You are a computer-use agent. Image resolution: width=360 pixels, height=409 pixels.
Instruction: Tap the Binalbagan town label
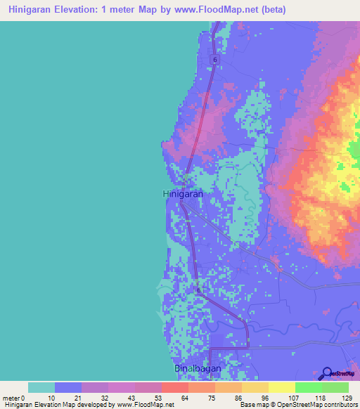coord(198,369)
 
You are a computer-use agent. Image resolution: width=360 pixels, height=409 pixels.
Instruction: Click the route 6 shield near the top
coord(215,60)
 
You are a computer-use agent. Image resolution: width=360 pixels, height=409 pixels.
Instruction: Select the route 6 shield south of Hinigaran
coord(199,290)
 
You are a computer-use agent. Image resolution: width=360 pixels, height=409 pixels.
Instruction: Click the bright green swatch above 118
coord(308,387)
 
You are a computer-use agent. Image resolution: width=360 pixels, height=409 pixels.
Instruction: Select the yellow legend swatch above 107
coord(281,387)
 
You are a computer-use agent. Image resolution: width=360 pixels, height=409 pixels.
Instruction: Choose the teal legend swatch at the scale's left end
coord(41,387)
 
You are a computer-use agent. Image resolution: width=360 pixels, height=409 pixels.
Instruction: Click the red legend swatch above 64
coord(174,387)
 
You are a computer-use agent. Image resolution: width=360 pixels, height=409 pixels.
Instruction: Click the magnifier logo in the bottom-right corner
coord(328,374)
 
